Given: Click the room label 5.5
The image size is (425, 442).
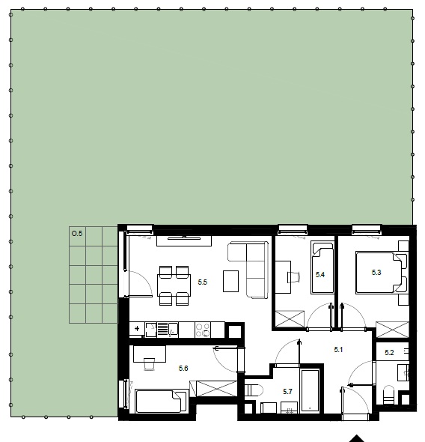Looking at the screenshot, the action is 202,282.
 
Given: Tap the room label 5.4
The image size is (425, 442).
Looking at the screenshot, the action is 320,274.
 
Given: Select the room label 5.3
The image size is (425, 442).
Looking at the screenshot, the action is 376,272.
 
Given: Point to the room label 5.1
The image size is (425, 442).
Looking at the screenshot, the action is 338,350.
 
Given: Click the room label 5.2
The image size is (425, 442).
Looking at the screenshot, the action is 389,353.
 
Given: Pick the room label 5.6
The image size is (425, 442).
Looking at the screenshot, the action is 183,368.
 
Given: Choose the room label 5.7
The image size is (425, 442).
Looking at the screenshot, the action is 287,392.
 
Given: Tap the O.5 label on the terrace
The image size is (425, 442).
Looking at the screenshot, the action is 77,234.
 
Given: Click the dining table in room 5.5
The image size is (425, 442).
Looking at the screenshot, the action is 174,286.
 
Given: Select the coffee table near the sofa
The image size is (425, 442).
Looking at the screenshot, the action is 230,281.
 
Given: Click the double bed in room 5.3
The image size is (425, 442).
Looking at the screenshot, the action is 382,273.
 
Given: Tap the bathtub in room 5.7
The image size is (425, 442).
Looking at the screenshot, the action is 310,390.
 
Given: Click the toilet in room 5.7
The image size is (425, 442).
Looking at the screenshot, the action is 254,391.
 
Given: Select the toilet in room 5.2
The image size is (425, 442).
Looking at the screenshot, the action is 389,395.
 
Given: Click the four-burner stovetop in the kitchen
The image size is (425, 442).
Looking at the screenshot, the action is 203,330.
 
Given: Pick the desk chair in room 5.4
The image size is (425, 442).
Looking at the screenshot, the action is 293,277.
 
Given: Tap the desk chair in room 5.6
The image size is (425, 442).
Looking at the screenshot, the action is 149,364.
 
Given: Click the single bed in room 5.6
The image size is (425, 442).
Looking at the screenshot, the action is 162,401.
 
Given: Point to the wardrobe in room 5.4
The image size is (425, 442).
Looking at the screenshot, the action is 290,319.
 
